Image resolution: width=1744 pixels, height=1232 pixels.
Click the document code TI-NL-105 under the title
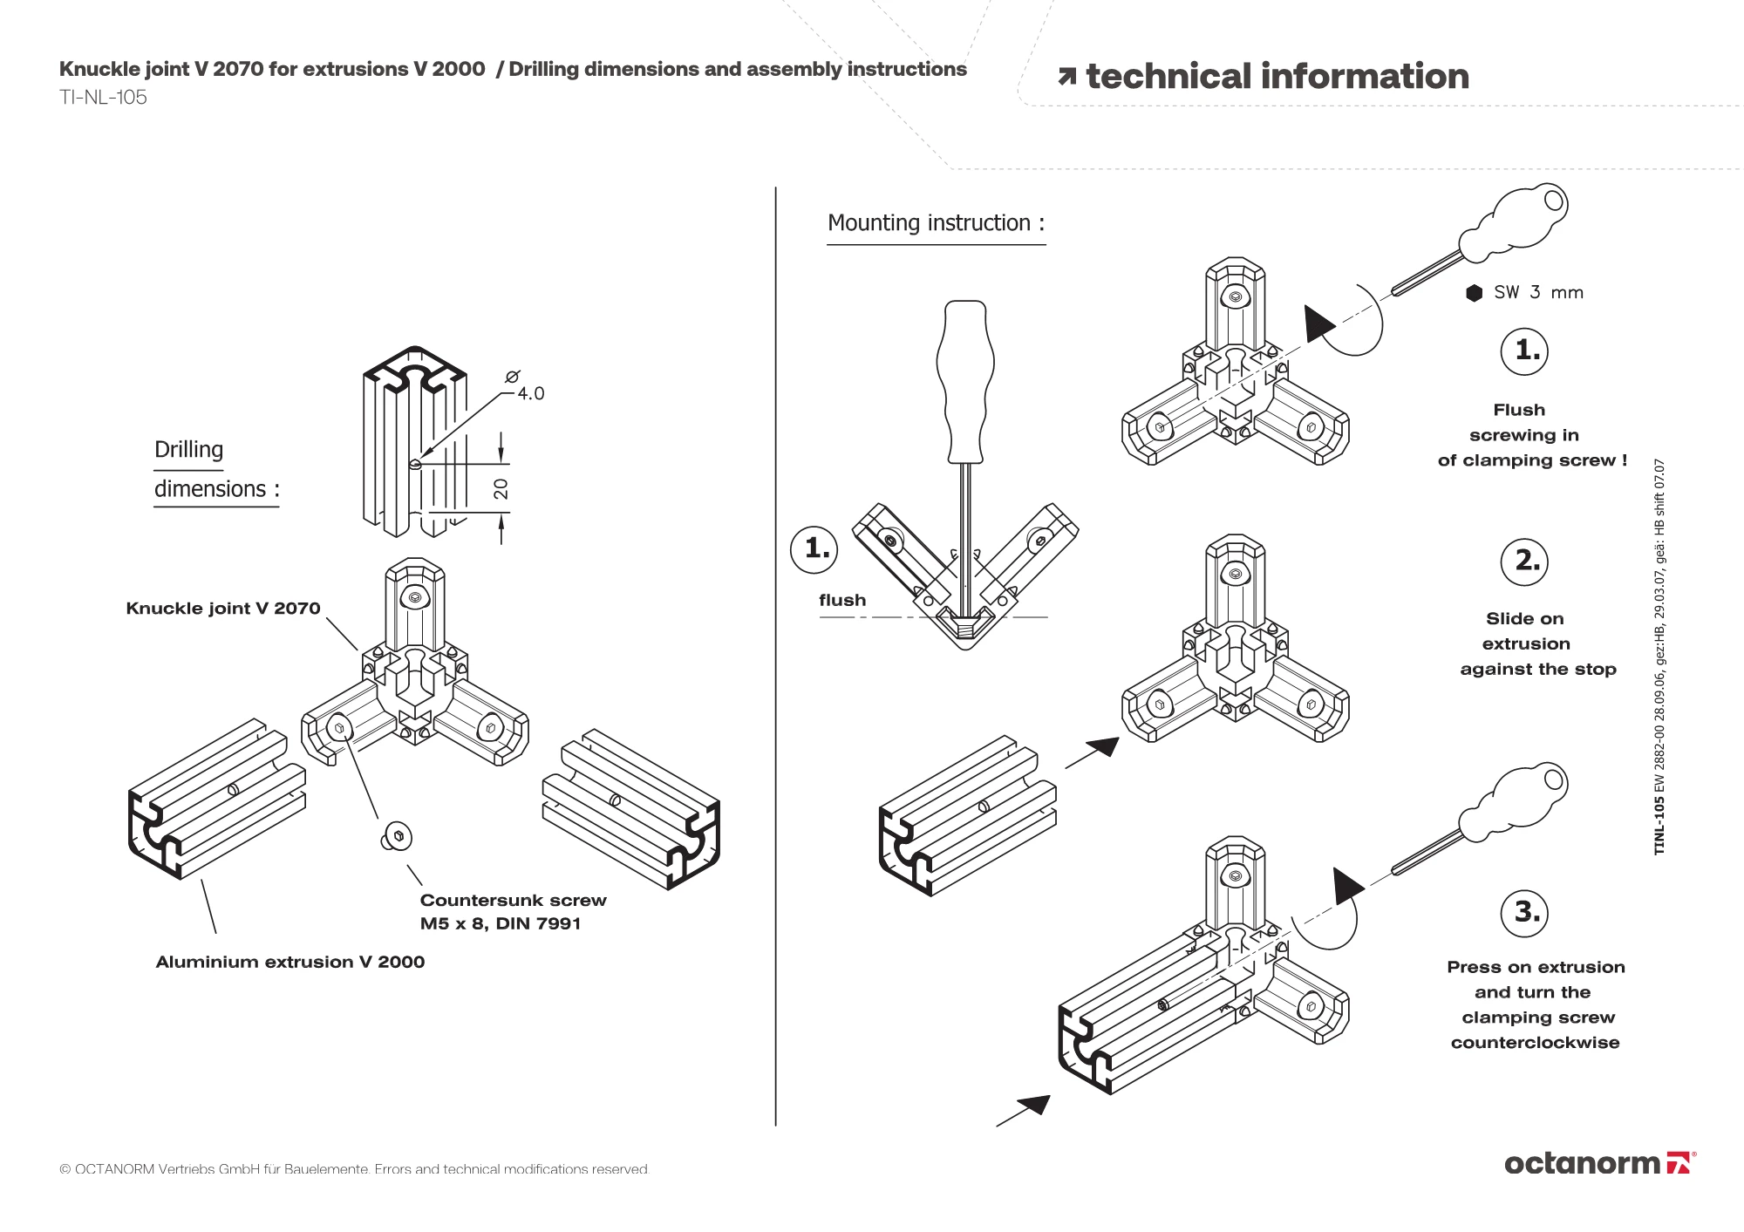(x=103, y=98)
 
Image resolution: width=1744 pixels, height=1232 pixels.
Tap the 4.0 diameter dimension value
(x=530, y=394)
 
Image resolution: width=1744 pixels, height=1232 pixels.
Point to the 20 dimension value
(x=501, y=488)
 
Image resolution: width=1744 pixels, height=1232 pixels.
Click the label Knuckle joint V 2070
(x=223, y=609)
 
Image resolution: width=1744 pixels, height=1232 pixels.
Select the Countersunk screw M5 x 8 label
(x=513, y=912)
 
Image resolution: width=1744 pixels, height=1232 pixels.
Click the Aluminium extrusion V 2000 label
(x=290, y=963)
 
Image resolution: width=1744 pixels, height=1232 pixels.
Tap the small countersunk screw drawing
(x=397, y=837)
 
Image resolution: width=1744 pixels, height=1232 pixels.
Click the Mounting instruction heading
(x=936, y=223)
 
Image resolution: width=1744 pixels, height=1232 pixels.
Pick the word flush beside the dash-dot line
(x=842, y=601)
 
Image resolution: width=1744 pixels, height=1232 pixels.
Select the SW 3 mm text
(x=1538, y=293)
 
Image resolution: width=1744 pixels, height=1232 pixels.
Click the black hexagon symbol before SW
(x=1474, y=293)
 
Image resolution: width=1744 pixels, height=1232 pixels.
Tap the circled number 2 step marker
(x=1525, y=561)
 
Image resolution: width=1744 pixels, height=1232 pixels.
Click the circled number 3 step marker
(x=1525, y=913)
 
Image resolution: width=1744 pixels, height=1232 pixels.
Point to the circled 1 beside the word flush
(x=814, y=548)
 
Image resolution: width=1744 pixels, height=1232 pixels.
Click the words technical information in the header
(x=1277, y=77)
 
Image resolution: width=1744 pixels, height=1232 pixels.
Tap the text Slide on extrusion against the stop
(x=1538, y=644)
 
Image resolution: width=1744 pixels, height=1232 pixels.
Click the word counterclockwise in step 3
(x=1535, y=1043)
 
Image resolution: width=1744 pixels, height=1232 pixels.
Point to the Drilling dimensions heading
(x=215, y=470)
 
